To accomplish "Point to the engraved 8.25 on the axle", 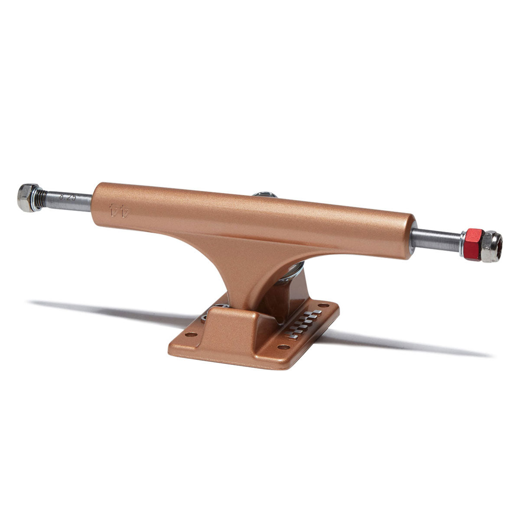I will click(x=68, y=200).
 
